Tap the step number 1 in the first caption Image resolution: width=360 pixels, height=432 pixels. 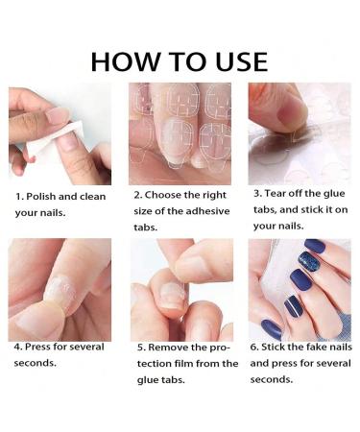coord(18,196)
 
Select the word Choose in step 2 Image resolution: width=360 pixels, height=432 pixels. coord(169,195)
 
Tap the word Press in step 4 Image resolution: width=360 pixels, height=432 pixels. coord(42,347)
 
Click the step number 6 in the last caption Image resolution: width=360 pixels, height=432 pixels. coord(254,347)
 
